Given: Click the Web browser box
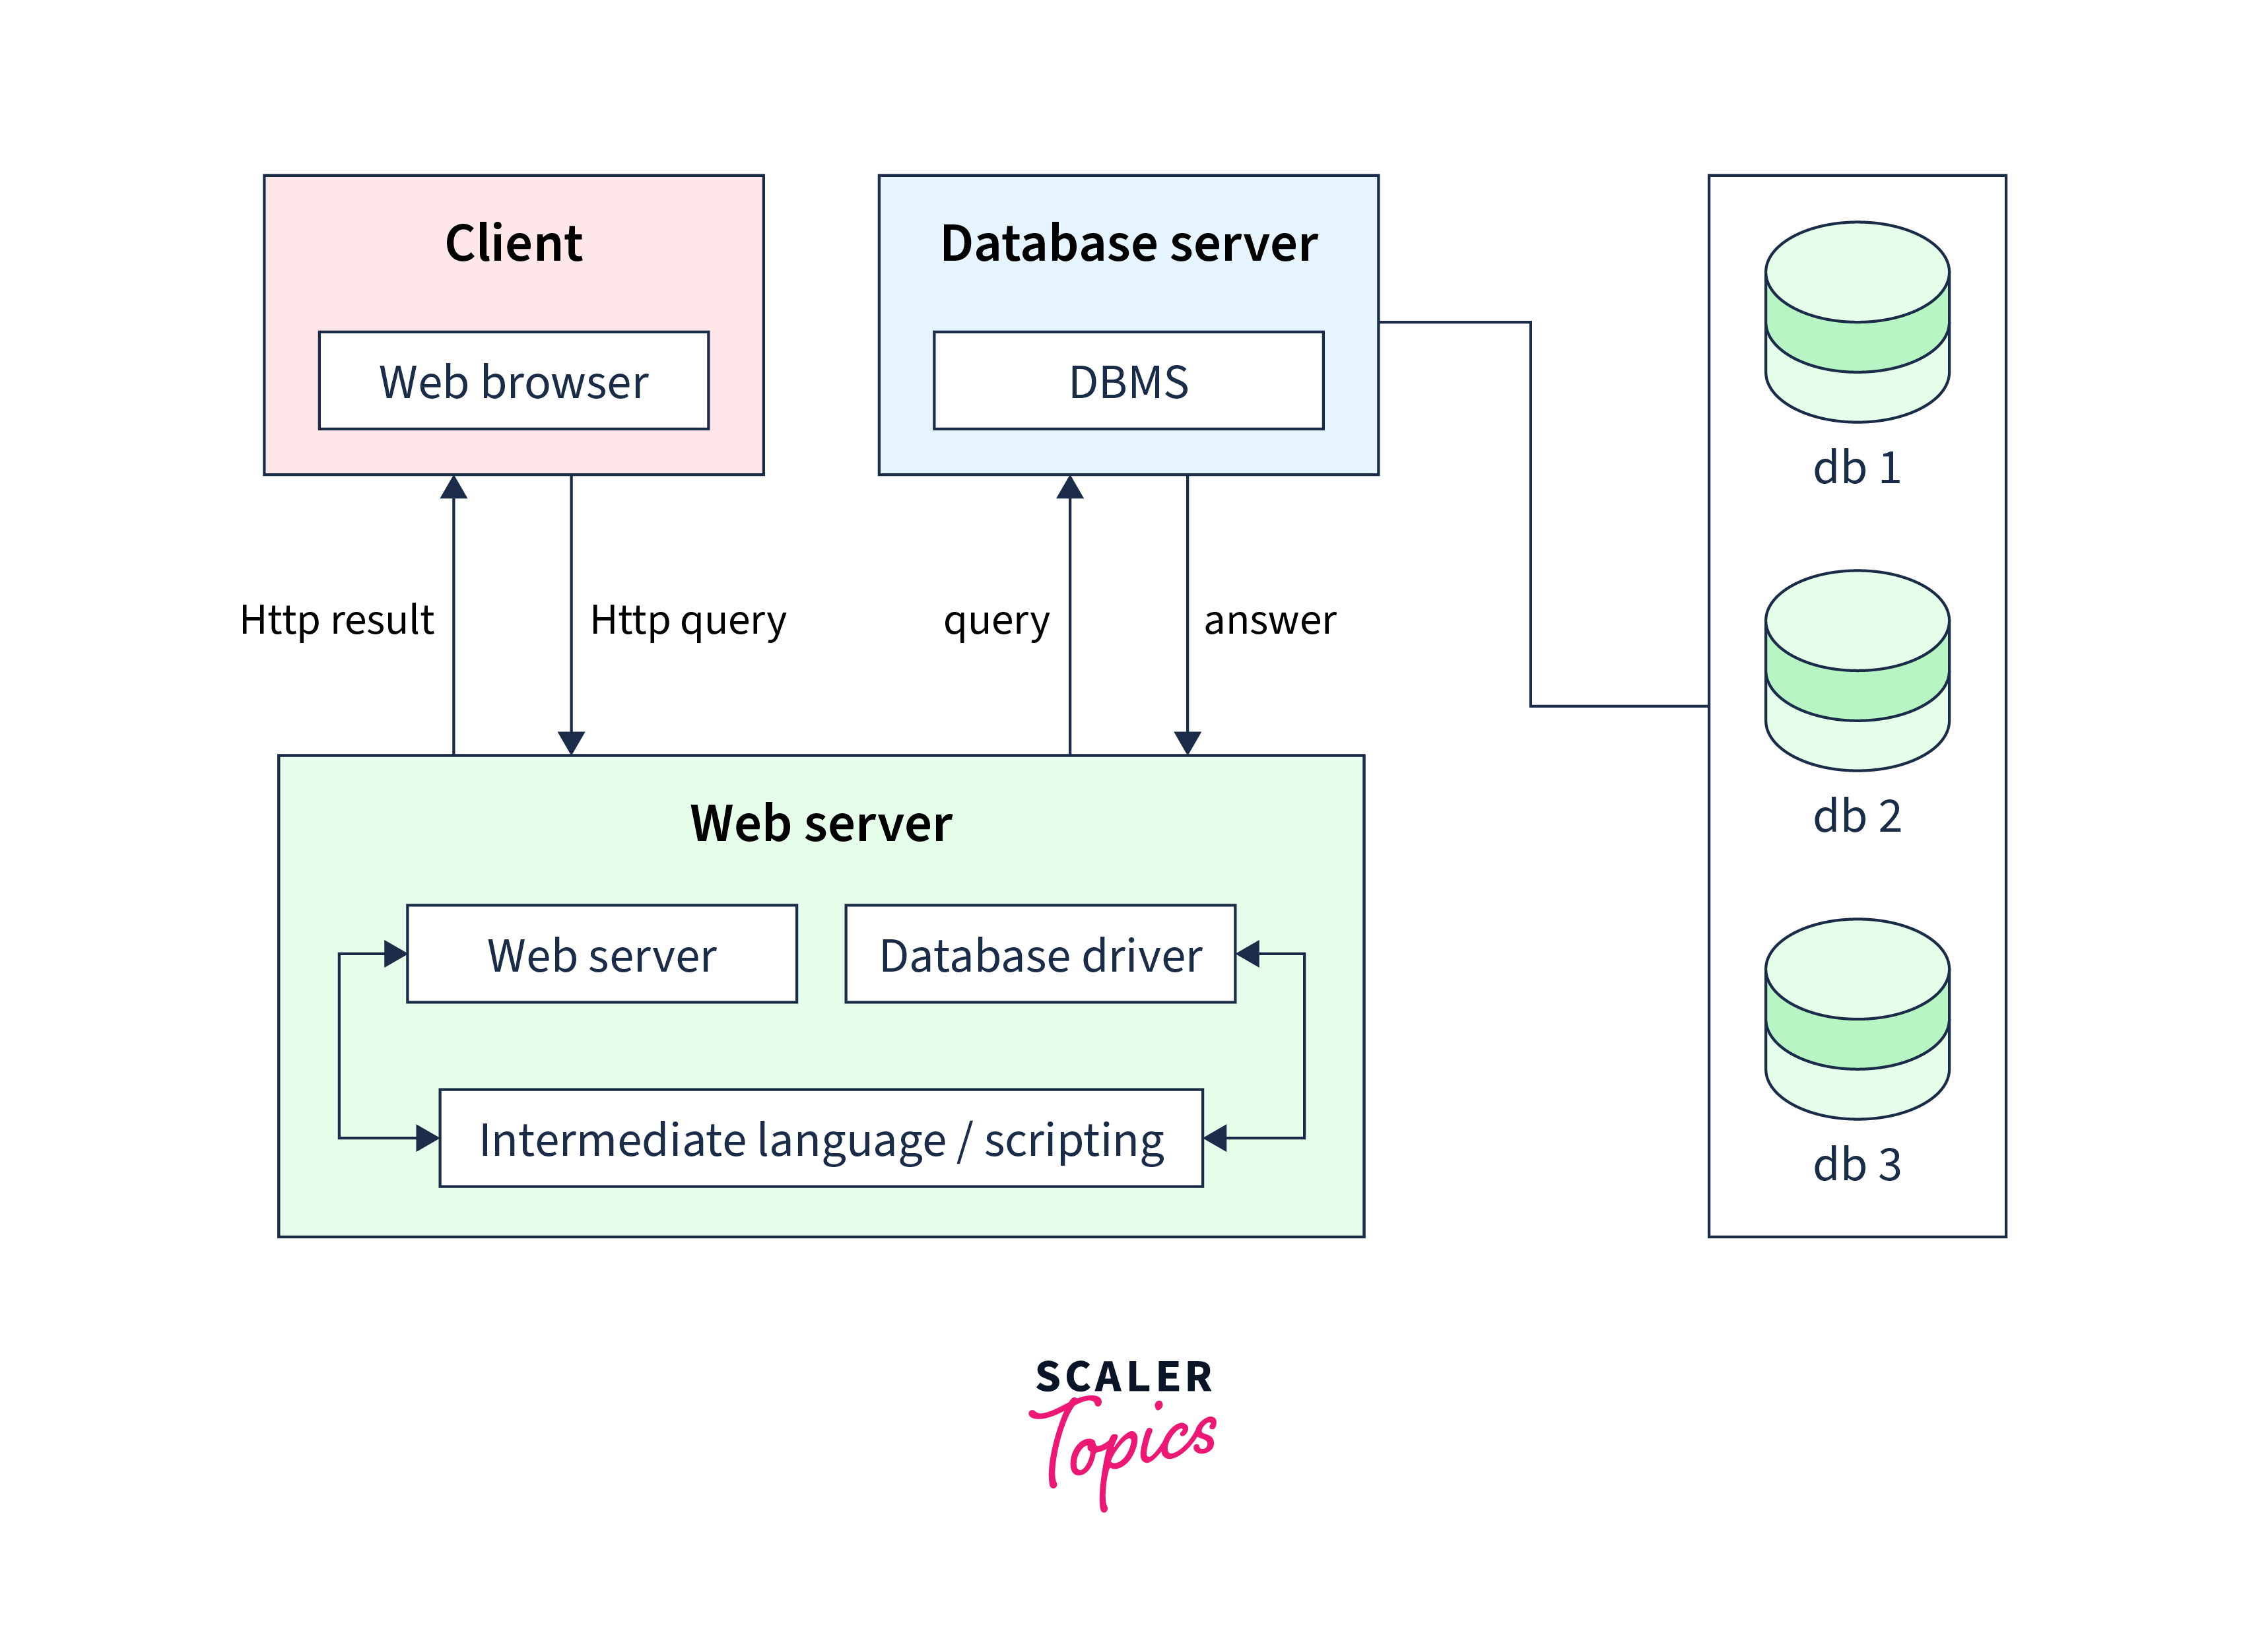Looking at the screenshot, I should pos(513,381).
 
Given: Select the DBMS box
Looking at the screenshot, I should pos(1128,381).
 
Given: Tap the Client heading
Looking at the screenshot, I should pos(513,243).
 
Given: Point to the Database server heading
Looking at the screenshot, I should pos(1128,243).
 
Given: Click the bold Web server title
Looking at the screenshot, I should pos(821,824).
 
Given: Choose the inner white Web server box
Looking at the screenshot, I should pos(601,954).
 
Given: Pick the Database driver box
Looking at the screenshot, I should pos(1040,954).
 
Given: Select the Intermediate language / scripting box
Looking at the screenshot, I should pos(821,1139).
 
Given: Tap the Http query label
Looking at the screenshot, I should pos(687,620).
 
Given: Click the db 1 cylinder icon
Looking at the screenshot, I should pos(1856,321).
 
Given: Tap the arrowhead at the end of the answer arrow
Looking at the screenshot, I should pos(1188,742).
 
